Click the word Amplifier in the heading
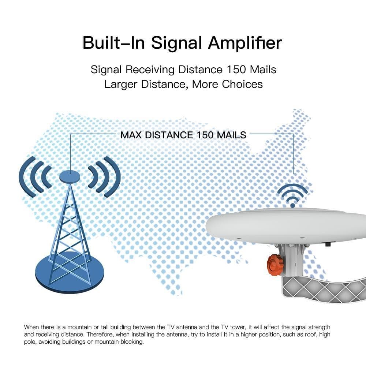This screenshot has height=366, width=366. pos(245,43)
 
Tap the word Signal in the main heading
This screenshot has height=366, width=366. pos(177,43)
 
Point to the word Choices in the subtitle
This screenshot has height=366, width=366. pos(242,84)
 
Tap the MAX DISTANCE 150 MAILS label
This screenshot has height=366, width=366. pos(183,135)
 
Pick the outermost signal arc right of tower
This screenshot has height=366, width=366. pos(115,177)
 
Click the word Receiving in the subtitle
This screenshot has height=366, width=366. pos(154,69)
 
